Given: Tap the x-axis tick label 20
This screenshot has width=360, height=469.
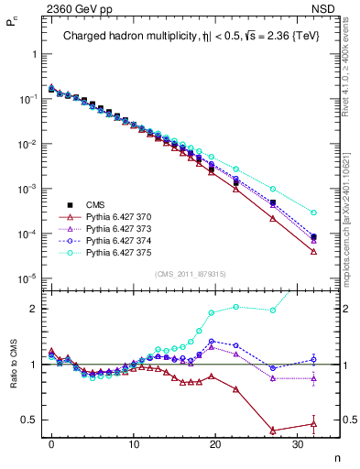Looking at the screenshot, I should pyautogui.click(x=214, y=442).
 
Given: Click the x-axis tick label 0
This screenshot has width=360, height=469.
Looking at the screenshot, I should pyautogui.click(x=51, y=442).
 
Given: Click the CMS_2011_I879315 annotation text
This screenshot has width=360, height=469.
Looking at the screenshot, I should pyautogui.click(x=188, y=274).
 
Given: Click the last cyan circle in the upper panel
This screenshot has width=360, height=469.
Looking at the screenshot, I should pyautogui.click(x=313, y=213).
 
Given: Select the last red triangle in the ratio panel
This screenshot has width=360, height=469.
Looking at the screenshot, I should pyautogui.click(x=313, y=423).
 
